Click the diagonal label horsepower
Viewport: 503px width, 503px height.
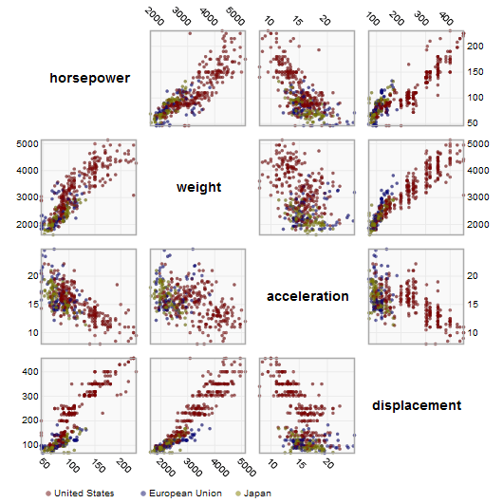[90, 78]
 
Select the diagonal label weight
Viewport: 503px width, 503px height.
[198, 187]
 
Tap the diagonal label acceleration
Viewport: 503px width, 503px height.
[307, 296]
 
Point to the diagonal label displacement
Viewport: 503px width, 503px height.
[417, 405]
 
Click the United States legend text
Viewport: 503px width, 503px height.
[84, 494]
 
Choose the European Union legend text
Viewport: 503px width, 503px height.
[186, 494]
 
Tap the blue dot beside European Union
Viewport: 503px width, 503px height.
[143, 494]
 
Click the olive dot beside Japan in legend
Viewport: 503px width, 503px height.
[238, 494]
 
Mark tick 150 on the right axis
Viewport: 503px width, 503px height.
[473, 69]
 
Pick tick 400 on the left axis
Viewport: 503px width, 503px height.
[28, 371]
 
